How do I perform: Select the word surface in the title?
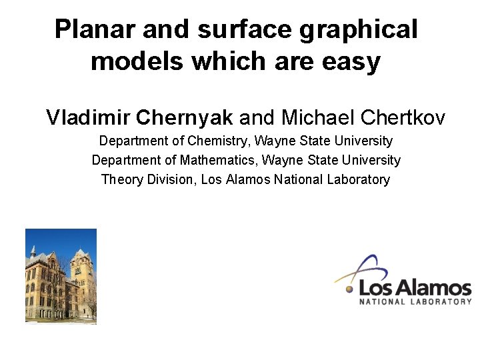(236, 29)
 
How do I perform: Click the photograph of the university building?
(61, 276)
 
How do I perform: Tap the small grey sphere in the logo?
(349, 289)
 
